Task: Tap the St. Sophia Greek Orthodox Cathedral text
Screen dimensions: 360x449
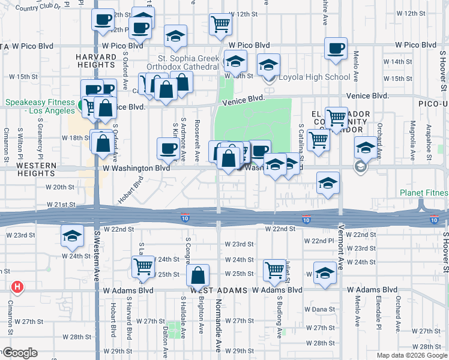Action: coord(188,62)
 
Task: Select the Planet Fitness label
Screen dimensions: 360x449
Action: coord(424,193)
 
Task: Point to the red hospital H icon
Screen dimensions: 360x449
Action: coord(17,287)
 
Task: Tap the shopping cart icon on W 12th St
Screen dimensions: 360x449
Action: coord(221,24)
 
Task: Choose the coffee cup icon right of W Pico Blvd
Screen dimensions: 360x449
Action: coord(336,47)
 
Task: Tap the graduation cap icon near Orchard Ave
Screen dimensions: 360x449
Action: coord(366,147)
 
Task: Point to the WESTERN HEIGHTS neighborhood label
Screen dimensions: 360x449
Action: coord(40,169)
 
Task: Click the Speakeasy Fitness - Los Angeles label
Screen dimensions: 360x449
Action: coord(38,106)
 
